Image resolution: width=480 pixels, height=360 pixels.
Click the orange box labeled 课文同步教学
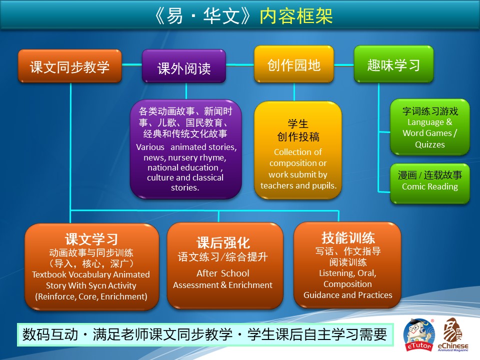coord(70,66)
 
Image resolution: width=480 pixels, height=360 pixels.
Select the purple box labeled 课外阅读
coord(184,66)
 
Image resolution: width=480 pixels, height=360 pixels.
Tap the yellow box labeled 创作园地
coord(294,64)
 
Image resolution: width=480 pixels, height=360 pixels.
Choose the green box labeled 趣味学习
coord(393,64)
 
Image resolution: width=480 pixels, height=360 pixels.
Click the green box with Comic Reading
coord(430,183)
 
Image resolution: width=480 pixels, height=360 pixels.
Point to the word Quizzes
coord(430,144)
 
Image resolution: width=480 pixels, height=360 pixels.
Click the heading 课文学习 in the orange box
coord(91,239)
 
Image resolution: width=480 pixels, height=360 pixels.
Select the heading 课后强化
coord(223,243)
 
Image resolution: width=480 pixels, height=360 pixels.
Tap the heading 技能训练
coord(348,237)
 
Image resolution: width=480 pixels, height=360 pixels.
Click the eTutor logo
coord(419,334)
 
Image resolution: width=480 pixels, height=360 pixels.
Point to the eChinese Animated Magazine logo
coord(453,334)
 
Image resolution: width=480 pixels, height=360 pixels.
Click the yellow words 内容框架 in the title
coord(296,16)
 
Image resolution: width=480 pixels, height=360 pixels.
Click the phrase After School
coord(223,273)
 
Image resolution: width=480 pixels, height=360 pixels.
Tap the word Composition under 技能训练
coord(348,284)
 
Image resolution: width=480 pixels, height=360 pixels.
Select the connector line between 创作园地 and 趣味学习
coord(344,65)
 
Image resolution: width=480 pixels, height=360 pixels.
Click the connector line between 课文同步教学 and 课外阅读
coord(132,64)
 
